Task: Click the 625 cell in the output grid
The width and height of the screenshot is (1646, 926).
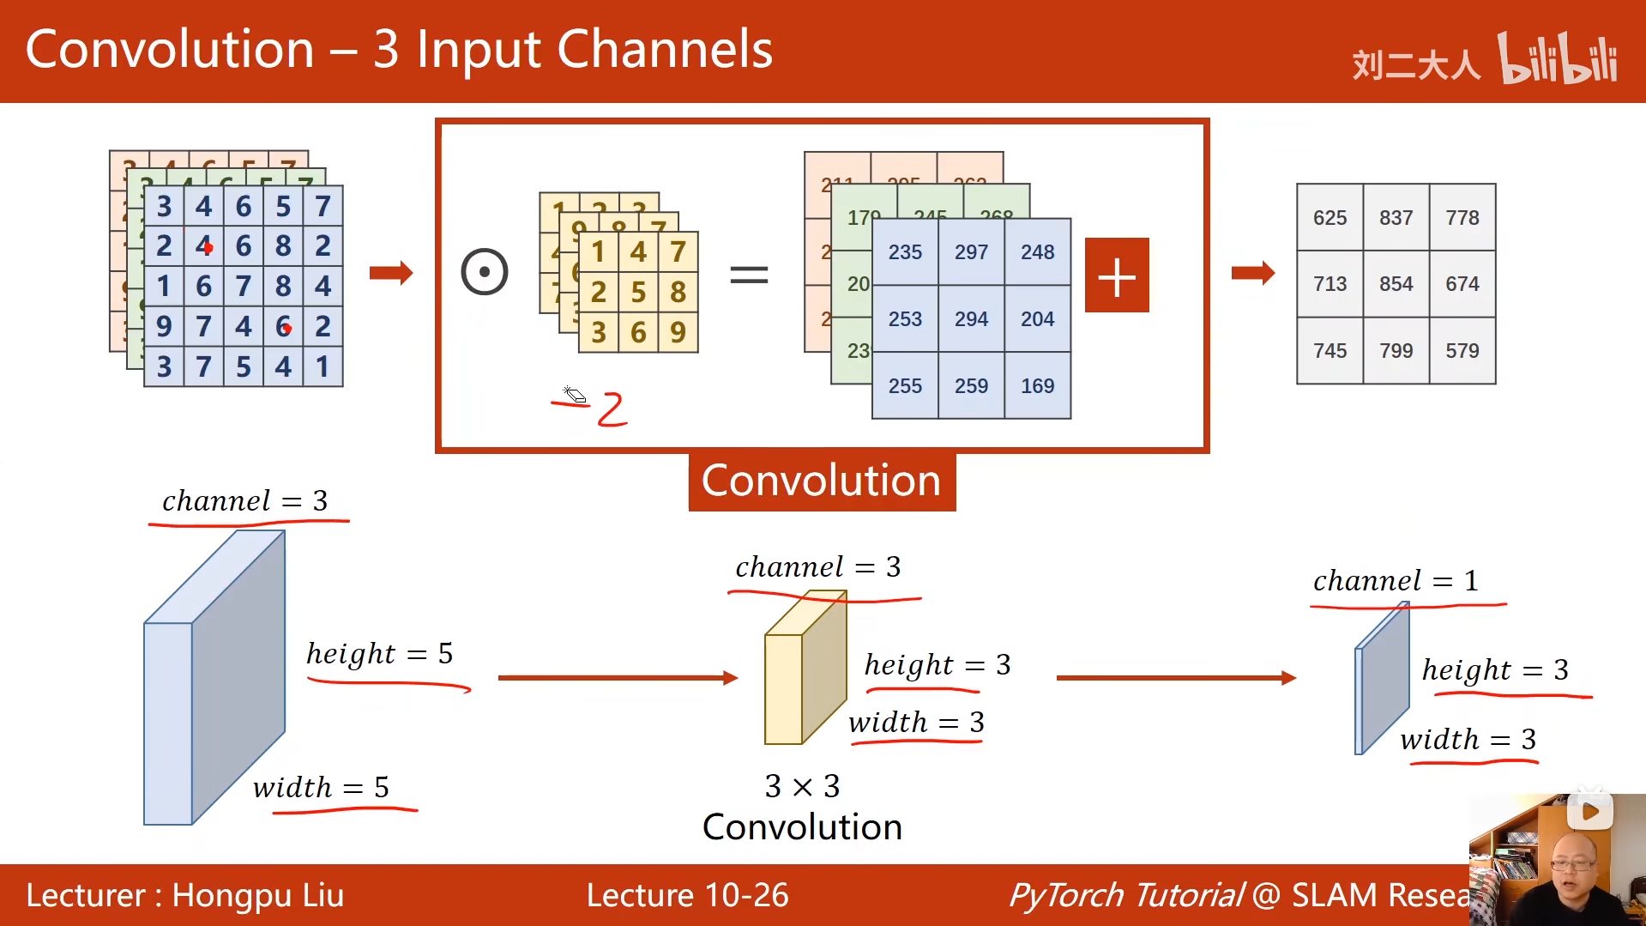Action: tap(1329, 218)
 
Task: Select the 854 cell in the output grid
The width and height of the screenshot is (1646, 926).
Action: tap(1396, 284)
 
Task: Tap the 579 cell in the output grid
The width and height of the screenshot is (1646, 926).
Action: tap(1462, 351)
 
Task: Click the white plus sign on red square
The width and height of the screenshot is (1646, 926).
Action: tap(1117, 275)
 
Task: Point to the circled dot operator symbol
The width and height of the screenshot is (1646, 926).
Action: tap(485, 273)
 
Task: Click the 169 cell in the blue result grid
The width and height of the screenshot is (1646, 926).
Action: tap(1037, 386)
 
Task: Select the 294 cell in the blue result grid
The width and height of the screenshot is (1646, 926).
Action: tap(971, 319)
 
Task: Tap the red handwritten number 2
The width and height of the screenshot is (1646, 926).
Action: tap(612, 409)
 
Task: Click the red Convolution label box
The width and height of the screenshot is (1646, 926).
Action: tap(821, 481)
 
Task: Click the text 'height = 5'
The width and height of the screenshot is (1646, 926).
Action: tap(379, 654)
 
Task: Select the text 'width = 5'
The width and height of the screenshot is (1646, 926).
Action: tap(321, 787)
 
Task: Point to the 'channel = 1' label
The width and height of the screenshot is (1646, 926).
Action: tap(1396, 581)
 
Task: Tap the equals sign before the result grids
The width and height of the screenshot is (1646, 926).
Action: tap(749, 275)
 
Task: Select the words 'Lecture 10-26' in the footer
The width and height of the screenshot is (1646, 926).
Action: tap(687, 895)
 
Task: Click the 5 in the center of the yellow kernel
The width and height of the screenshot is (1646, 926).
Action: tap(638, 293)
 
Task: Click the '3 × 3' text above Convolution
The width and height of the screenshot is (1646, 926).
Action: tap(802, 786)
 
